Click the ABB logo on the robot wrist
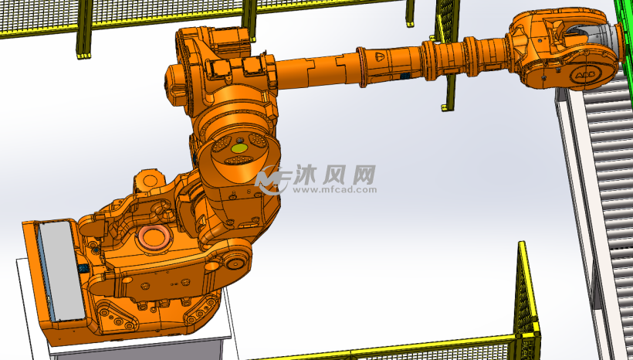click(x=585, y=75)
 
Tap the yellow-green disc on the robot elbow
click(x=239, y=148)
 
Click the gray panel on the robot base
click(x=61, y=270)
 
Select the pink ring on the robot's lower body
click(x=153, y=236)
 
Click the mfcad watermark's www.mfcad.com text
click(x=335, y=189)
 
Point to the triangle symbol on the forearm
click(x=380, y=56)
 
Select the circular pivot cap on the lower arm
click(x=235, y=261)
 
